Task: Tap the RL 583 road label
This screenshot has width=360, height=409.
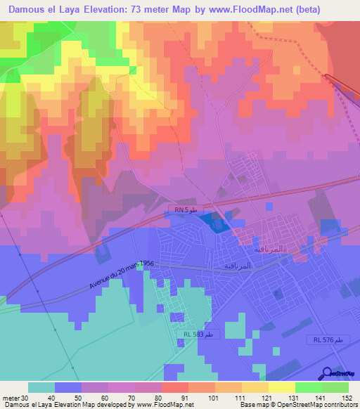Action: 200,335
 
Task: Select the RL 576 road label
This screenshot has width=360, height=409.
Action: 329,339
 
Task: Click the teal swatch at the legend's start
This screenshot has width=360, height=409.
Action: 41,387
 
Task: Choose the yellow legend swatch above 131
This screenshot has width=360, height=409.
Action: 282,387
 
